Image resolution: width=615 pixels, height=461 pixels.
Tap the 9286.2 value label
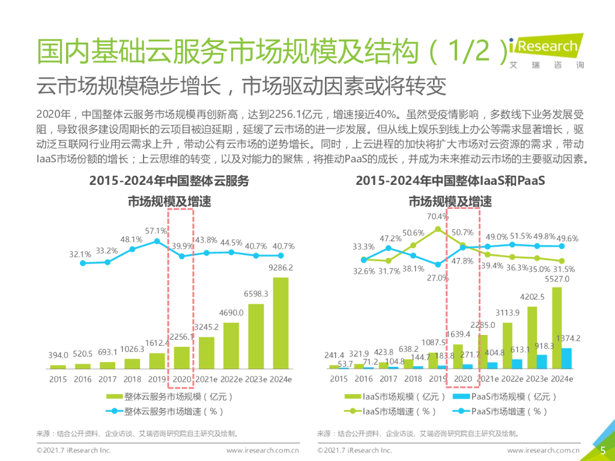pos(281,268)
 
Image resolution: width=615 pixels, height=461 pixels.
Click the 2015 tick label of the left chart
pos(58,379)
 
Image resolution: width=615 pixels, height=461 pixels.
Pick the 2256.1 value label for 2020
pos(181,337)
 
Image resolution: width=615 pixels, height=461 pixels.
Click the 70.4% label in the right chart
pos(438,217)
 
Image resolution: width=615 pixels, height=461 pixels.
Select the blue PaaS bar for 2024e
pos(566,358)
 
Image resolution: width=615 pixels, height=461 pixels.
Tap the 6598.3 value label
pos(256,294)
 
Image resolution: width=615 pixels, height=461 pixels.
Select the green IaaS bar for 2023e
pos(533,337)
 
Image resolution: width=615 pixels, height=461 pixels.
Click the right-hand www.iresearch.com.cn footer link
pos(543,450)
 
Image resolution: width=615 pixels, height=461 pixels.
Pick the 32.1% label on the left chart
pos(80,254)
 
